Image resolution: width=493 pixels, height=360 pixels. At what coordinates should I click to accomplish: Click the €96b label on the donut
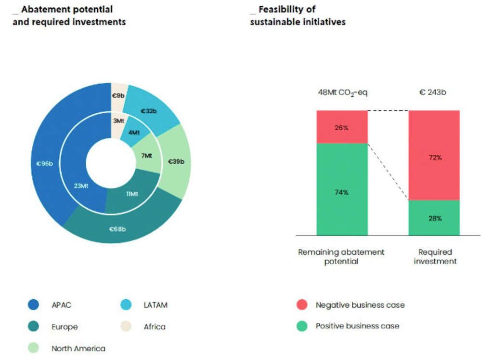(44, 163)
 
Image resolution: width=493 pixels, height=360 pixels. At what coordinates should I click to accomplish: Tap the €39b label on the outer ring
(176, 161)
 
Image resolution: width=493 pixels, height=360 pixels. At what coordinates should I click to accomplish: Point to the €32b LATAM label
(149, 111)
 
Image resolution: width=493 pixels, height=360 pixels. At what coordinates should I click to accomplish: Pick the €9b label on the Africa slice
(117, 95)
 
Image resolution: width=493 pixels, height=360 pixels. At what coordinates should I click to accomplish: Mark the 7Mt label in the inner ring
(146, 156)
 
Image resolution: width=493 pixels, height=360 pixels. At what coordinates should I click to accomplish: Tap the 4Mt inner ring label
(134, 132)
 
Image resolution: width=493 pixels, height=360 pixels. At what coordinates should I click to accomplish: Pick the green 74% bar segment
(342, 192)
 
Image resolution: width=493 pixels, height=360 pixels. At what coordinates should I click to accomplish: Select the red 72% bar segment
(434, 158)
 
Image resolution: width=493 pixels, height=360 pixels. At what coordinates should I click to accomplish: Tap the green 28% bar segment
(434, 218)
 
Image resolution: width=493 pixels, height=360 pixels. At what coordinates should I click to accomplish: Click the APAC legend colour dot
(33, 305)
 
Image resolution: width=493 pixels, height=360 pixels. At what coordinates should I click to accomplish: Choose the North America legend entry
(78, 348)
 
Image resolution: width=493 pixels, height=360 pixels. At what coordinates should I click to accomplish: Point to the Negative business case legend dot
(302, 305)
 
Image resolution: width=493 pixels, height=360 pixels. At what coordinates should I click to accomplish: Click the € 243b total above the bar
(432, 92)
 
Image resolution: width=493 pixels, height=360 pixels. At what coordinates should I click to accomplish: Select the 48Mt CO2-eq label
(342, 92)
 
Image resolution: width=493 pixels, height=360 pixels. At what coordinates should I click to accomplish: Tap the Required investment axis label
(435, 256)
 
